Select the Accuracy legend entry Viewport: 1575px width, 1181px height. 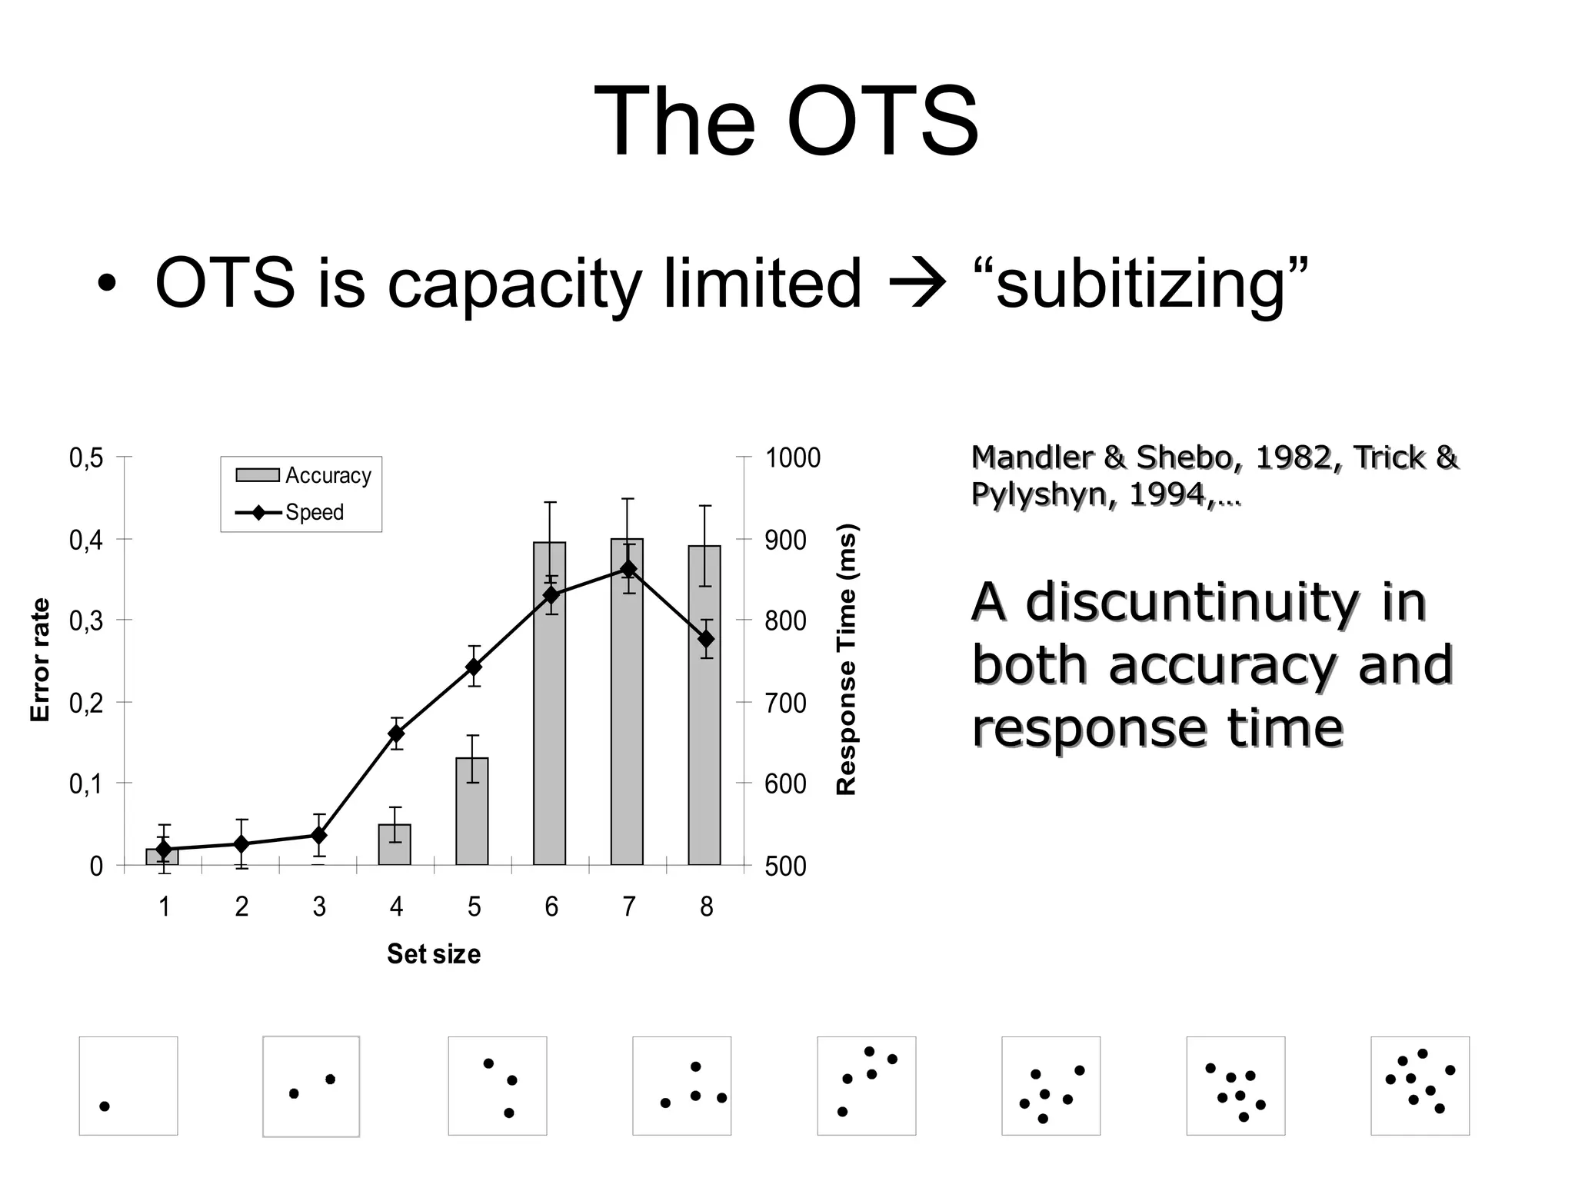(x=304, y=475)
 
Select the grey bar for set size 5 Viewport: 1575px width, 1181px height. (x=472, y=815)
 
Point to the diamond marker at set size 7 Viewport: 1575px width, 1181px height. (x=628, y=570)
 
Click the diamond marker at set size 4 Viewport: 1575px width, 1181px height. (x=396, y=734)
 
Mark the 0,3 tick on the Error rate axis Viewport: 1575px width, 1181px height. (x=86, y=621)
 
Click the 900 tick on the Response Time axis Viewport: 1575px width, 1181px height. (x=785, y=540)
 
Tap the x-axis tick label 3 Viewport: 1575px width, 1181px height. (x=319, y=907)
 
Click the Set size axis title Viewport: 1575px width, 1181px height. (x=434, y=954)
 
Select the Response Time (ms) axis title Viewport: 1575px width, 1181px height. (x=847, y=660)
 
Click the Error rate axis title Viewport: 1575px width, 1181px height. (x=40, y=660)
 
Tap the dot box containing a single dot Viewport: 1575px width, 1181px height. (x=128, y=1086)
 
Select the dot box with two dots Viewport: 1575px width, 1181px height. (x=311, y=1086)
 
